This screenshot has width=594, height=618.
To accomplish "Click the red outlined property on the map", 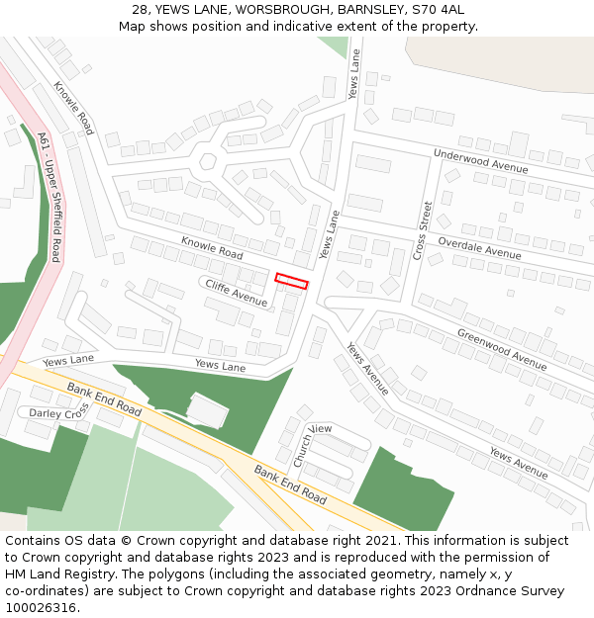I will (291, 282).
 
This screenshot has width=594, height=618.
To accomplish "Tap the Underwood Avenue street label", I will (481, 160).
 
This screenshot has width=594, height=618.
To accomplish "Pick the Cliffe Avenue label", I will (236, 291).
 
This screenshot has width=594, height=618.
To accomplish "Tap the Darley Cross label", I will (59, 412).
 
